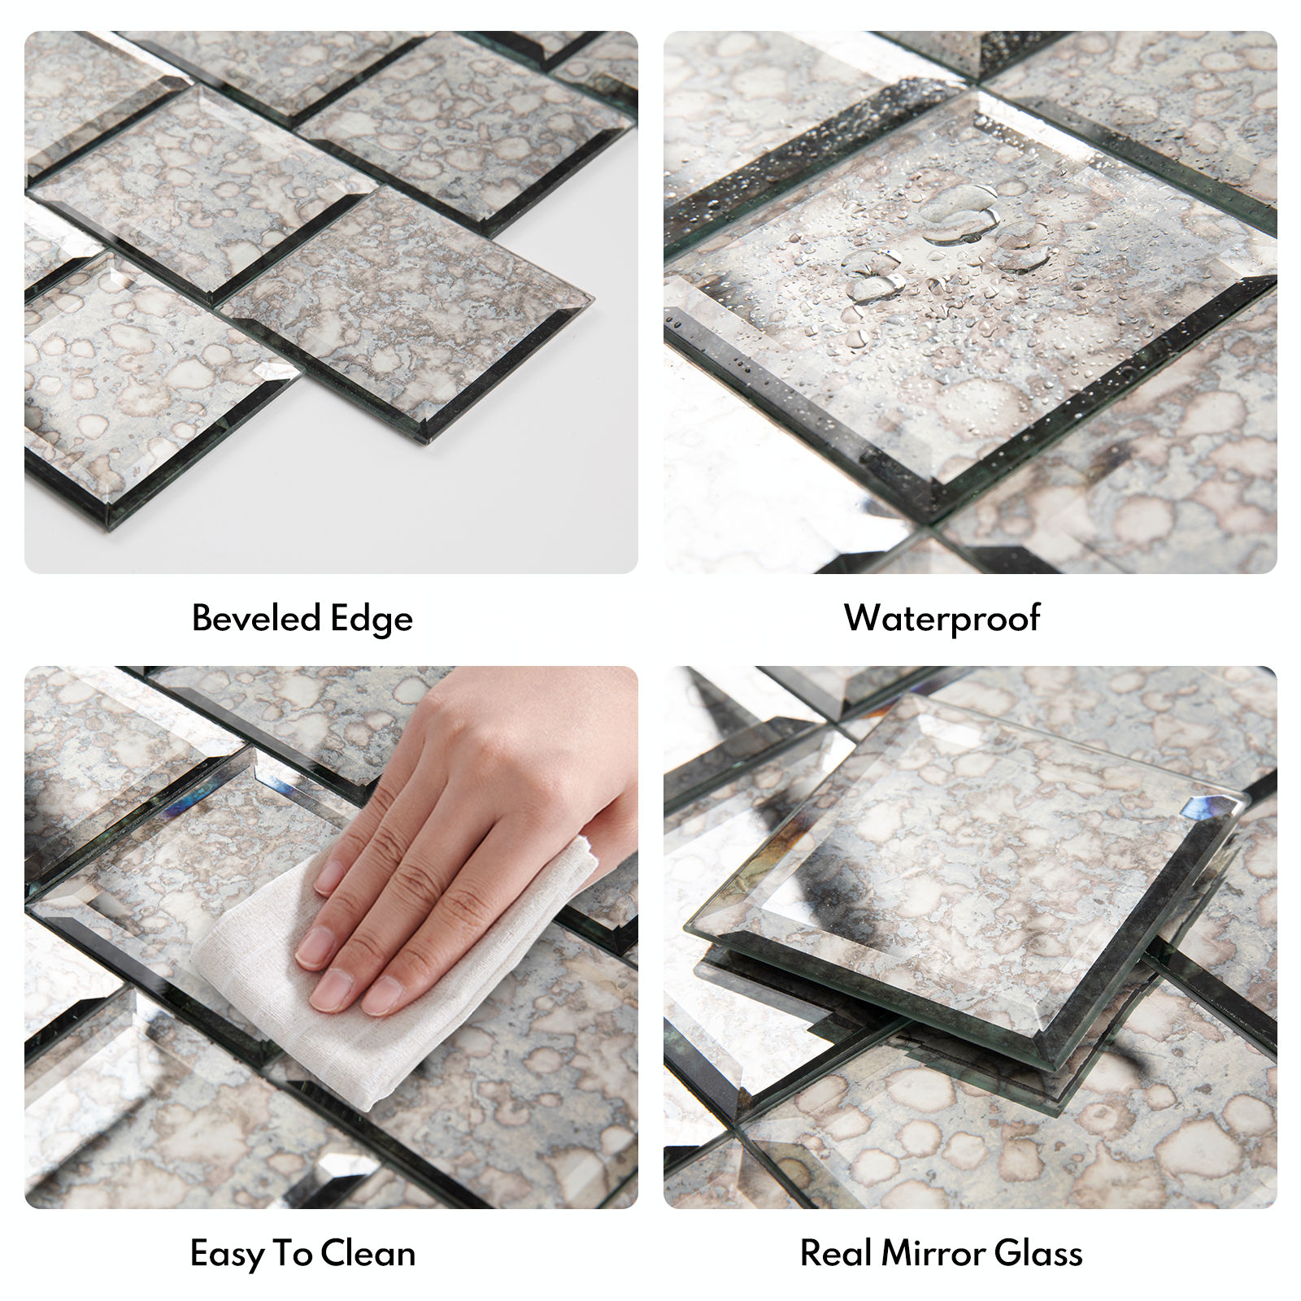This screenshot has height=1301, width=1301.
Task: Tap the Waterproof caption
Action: click(942, 619)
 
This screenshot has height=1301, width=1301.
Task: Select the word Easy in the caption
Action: click(225, 1254)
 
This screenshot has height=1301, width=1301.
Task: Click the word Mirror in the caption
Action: click(933, 1253)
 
